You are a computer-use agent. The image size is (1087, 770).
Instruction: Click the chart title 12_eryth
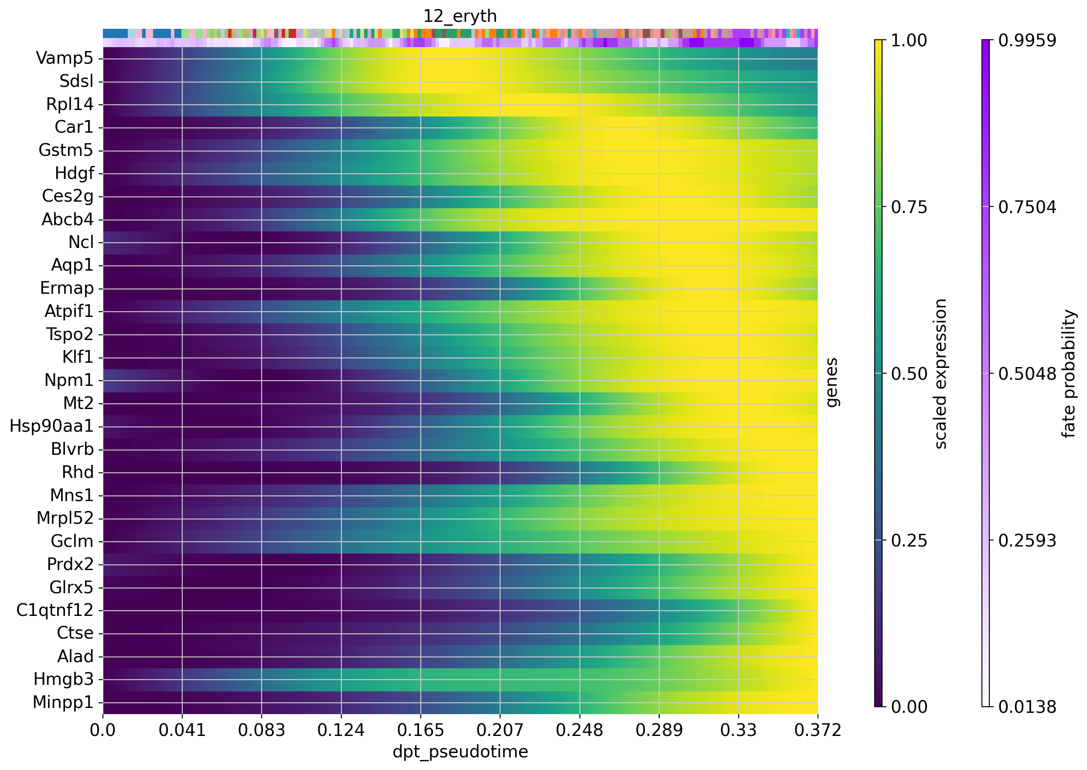pos(460,16)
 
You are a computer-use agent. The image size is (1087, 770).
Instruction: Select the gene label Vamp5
pos(65,58)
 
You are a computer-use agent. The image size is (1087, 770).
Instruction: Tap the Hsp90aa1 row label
pos(51,426)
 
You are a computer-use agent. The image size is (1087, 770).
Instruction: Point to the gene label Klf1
pos(78,357)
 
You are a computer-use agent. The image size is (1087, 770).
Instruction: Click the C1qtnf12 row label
pos(55,610)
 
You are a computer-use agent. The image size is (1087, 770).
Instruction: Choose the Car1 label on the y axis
pos(74,127)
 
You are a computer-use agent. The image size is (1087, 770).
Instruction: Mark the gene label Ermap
pos(67,288)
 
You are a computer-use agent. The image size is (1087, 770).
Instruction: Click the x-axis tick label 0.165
pos(421,731)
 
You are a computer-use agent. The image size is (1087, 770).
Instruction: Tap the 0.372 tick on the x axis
pos(818,731)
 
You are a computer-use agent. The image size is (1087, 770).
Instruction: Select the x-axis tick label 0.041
pos(182,731)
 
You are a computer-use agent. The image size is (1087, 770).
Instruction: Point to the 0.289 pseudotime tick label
pos(659,731)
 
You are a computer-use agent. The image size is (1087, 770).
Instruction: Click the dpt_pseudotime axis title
pos(460,752)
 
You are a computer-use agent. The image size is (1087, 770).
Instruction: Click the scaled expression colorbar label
pos(940,374)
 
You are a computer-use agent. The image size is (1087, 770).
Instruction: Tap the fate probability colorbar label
pos(1069,374)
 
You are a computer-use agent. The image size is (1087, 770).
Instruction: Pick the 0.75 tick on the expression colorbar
pos(908,207)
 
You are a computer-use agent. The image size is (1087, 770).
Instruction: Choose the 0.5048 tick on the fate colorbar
pos(1027,374)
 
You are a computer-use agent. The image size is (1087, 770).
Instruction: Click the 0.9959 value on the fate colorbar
pos(1027,41)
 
